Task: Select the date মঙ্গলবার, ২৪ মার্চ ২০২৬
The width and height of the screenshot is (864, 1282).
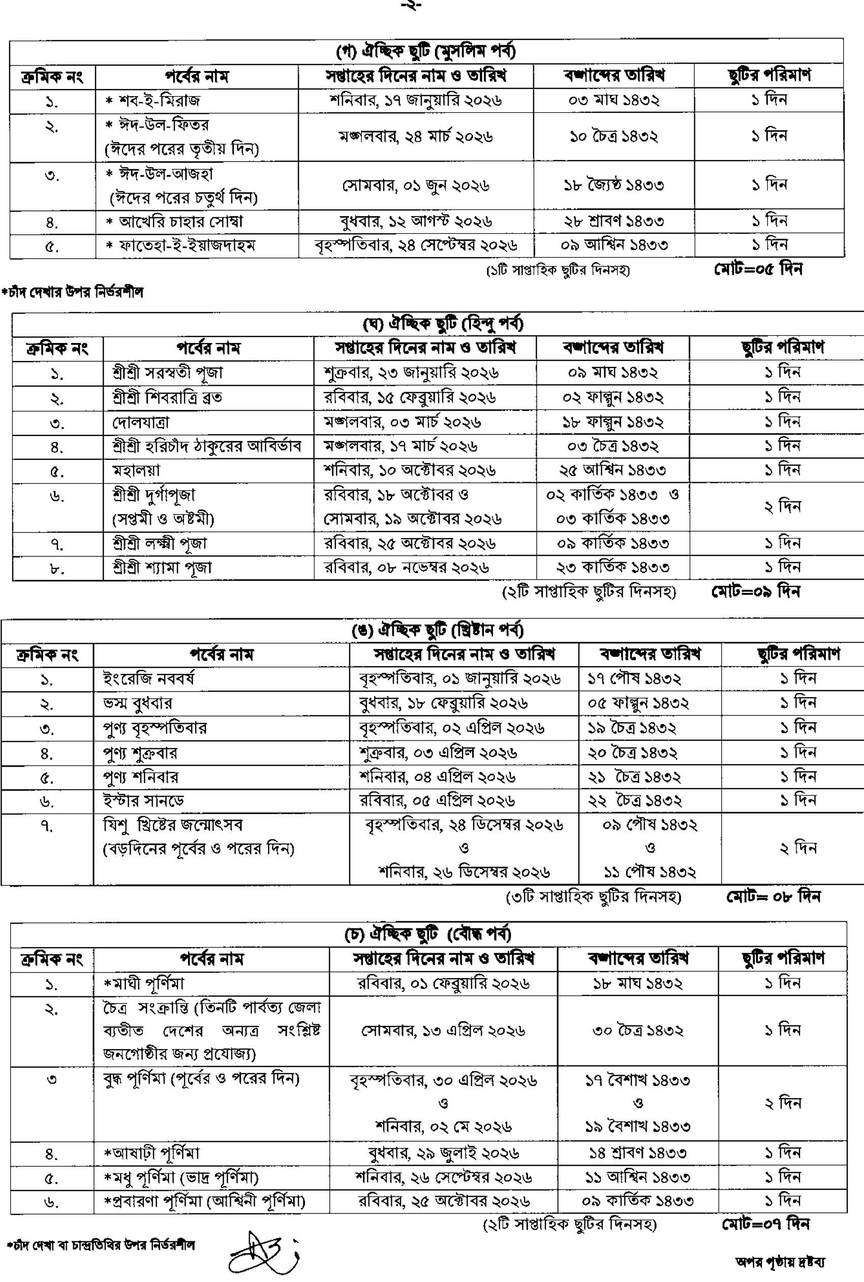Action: pos(415,136)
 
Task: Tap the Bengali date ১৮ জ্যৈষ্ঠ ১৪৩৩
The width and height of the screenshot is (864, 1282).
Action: pos(613,184)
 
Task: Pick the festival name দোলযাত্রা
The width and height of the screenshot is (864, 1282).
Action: pos(140,423)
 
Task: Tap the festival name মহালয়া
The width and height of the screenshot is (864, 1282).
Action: pos(136,471)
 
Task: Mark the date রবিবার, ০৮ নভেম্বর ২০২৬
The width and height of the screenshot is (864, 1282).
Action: pos(407,568)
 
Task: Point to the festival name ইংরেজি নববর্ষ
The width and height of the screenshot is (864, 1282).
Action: pos(148,679)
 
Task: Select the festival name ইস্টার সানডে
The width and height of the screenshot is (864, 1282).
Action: pos(143,800)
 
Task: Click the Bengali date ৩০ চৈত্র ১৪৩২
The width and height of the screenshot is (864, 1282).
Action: pos(637,1031)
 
